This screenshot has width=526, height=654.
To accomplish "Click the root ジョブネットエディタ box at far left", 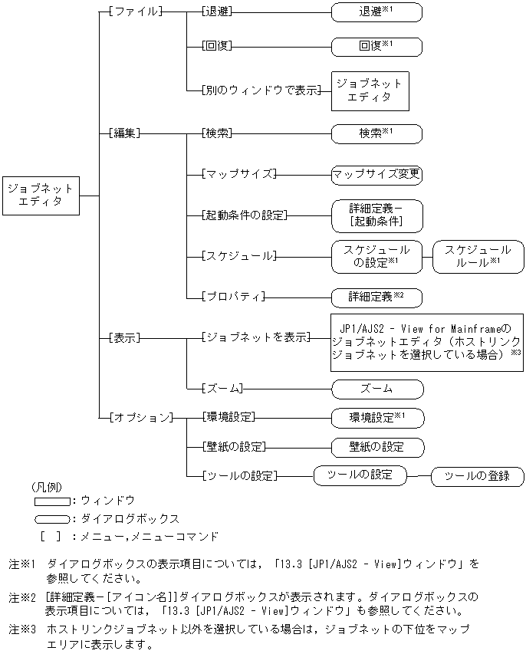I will (41, 195).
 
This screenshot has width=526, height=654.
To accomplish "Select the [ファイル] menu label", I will (136, 12).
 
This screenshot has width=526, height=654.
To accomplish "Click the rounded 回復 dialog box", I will (376, 45).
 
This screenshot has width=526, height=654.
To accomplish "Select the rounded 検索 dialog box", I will (376, 133).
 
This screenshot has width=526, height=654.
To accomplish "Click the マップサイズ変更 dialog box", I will (376, 174).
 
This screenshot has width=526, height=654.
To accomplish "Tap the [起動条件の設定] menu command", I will (243, 215).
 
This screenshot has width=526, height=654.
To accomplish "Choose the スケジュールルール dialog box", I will (478, 256).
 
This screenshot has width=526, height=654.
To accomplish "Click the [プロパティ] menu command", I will (232, 296).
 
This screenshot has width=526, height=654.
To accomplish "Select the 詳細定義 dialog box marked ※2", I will (376, 296).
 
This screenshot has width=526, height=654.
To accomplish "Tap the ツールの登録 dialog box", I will (478, 477).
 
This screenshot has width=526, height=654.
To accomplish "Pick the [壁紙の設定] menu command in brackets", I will (238, 446).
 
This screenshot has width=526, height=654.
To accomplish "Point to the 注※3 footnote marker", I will (23, 629).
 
